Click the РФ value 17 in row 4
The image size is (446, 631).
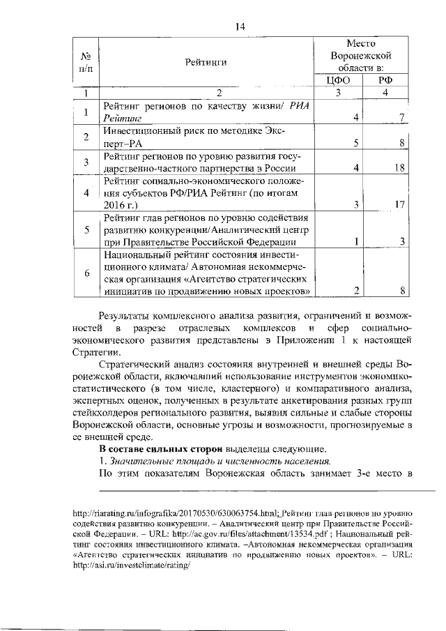coord(399,205)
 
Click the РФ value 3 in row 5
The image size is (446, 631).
coord(403,242)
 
